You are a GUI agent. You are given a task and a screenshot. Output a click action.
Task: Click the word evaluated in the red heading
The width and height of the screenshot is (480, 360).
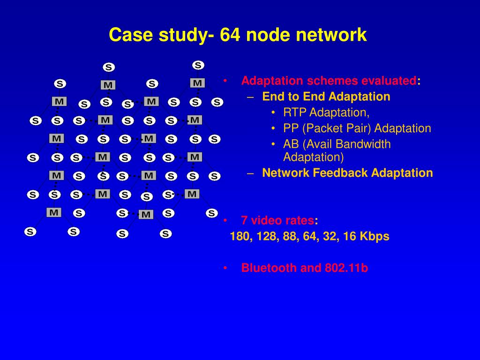click(389, 81)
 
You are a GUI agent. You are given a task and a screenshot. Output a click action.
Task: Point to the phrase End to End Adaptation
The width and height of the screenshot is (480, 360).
click(326, 97)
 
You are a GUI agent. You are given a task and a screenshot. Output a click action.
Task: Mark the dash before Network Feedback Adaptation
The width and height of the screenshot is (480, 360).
click(251, 173)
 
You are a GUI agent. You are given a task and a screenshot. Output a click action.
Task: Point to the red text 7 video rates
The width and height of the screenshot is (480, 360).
click(277, 221)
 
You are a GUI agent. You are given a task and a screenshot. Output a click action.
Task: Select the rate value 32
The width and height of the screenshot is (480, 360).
click(330, 237)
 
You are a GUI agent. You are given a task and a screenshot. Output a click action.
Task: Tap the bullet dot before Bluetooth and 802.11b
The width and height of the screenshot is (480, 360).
click(225, 268)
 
